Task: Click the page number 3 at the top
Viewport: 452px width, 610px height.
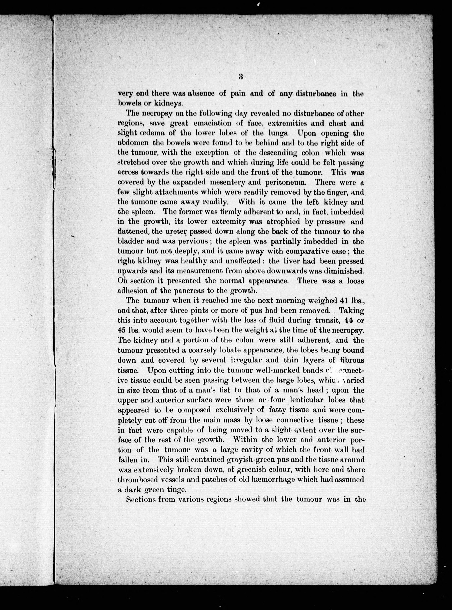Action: click(x=241, y=77)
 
